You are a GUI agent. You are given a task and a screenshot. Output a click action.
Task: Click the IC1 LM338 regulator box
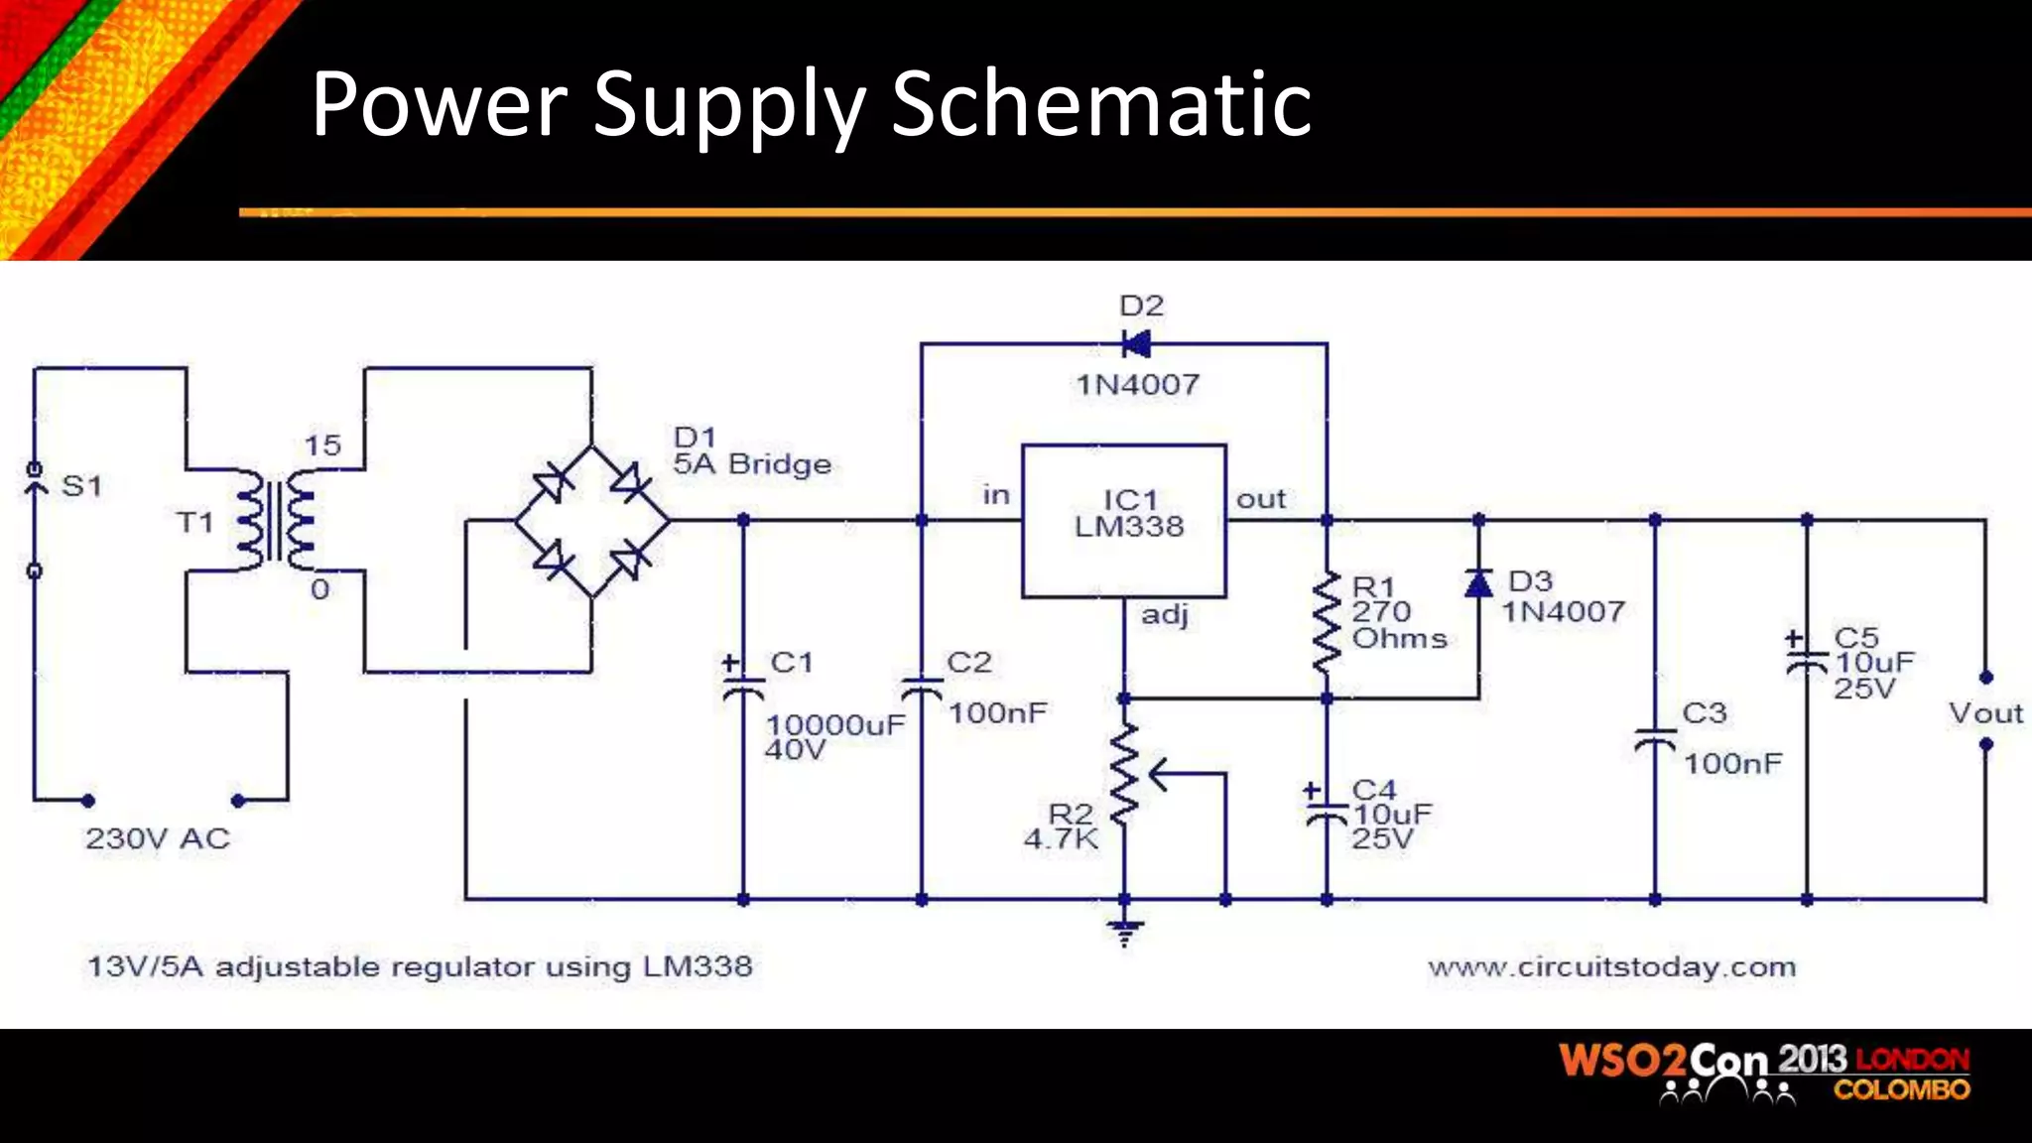1124,520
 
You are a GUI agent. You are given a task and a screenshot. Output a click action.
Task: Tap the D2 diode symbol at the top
1136,344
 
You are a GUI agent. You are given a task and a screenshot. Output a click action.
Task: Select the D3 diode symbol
1478,583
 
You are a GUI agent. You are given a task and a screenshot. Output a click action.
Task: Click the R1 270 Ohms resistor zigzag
1327,623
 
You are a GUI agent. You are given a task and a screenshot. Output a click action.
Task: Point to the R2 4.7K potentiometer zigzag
1124,774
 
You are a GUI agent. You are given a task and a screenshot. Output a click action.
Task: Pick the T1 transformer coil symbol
276,521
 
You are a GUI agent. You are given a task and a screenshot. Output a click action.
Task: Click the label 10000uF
835,725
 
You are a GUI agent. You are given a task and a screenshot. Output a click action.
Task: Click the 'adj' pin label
1164,615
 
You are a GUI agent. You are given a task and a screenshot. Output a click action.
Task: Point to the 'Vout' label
1984,712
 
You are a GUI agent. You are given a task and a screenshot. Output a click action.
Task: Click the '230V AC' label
158,839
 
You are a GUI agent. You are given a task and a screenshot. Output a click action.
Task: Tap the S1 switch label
81,486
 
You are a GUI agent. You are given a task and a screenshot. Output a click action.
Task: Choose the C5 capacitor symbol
1807,662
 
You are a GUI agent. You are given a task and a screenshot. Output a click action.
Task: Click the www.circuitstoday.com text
1611,966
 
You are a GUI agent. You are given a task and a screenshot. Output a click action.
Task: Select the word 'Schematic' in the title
1101,104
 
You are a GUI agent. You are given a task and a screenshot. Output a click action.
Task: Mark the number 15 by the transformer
322,445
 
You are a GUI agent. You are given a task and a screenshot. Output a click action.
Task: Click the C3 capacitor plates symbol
1655,740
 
